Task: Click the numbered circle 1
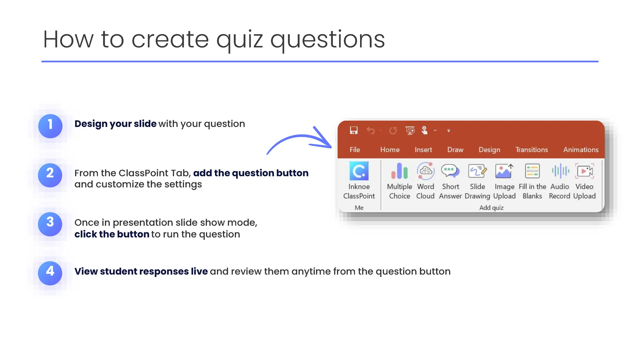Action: [50, 126]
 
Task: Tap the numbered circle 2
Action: [50, 175]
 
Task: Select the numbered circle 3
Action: [50, 224]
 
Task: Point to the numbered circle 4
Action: [50, 273]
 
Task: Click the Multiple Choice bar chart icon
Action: [399, 171]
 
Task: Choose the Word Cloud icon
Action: [425, 171]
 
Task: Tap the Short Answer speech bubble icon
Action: [450, 171]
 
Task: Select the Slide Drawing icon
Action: [477, 171]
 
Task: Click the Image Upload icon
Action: [504, 171]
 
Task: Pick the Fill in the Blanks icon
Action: [532, 171]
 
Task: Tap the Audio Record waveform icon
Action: [560, 171]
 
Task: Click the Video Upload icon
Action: [584, 171]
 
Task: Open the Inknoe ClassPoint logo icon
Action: [359, 171]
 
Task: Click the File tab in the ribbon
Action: [355, 150]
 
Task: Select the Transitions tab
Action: [531, 150]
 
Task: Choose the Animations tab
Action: [581, 150]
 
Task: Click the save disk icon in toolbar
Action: [353, 130]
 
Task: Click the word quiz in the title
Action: [239, 40]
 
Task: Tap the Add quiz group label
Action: [491, 207]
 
